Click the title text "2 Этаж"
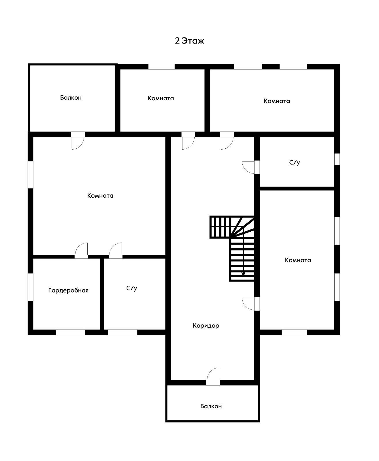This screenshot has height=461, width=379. pos(189,41)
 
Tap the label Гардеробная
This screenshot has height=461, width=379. pos(68,290)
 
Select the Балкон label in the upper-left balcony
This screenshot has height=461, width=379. pos(71,97)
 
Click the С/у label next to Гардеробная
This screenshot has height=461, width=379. pos(132,288)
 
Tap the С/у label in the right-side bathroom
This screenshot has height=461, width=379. pos(294,163)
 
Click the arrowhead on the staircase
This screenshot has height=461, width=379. pos(243,274)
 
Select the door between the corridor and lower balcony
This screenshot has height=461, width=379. pos(213,377)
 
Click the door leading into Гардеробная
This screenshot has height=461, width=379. pos(81,251)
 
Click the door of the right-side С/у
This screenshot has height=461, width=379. pos(251,167)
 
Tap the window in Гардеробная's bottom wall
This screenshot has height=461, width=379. pos(70,332)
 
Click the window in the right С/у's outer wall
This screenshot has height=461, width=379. pos(337,159)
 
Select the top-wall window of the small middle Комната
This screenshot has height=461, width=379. pos(161,67)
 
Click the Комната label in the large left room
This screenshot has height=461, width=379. pos(100,195)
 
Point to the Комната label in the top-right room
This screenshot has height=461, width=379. pos(277,101)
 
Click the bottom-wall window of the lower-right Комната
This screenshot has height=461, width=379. pos(294,332)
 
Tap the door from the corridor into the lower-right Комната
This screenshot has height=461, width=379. pos(251,304)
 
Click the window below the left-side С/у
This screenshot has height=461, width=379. pos(122,332)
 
